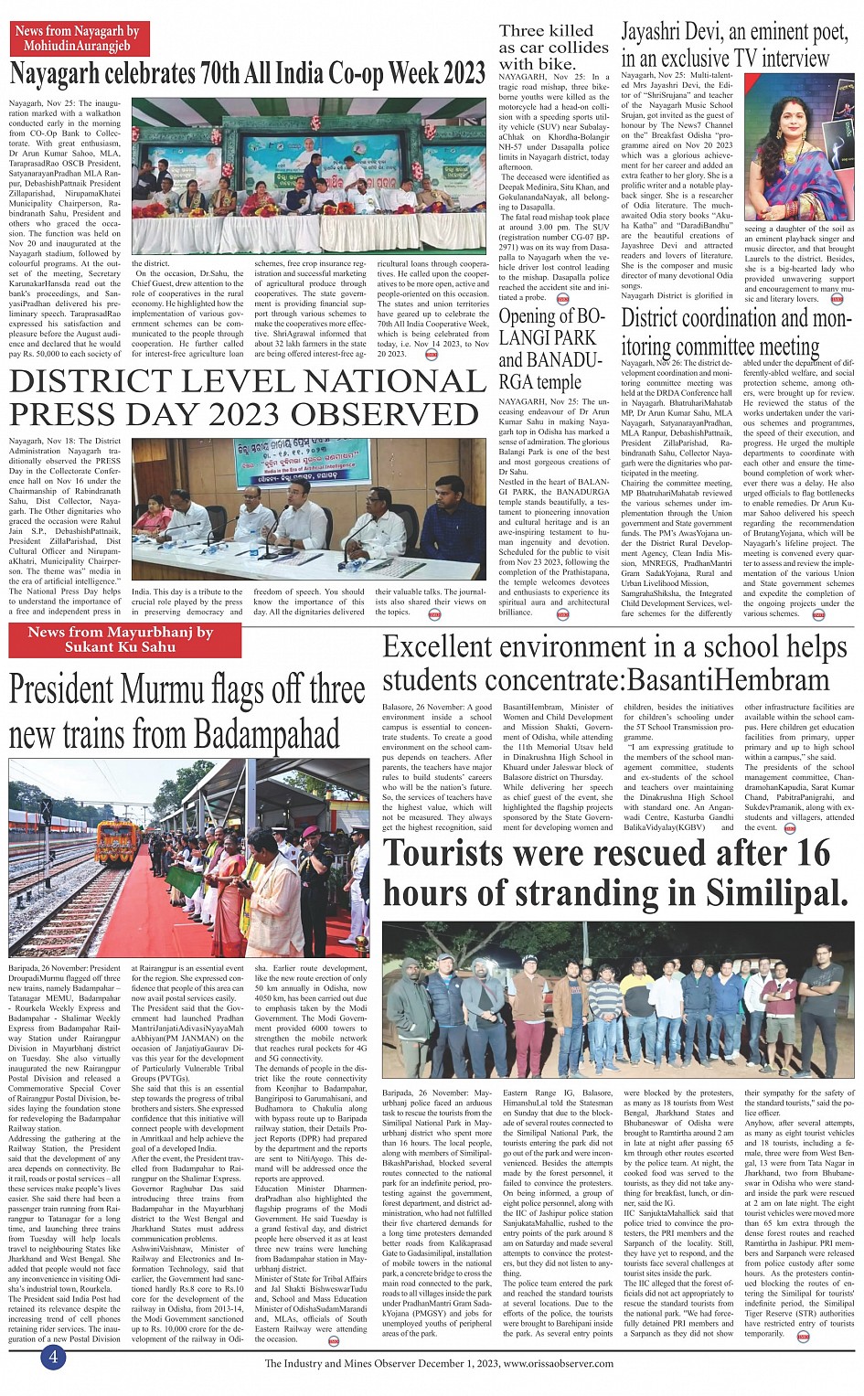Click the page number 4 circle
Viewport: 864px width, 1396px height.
[53, 1357]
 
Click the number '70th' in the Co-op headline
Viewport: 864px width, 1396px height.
[235, 74]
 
